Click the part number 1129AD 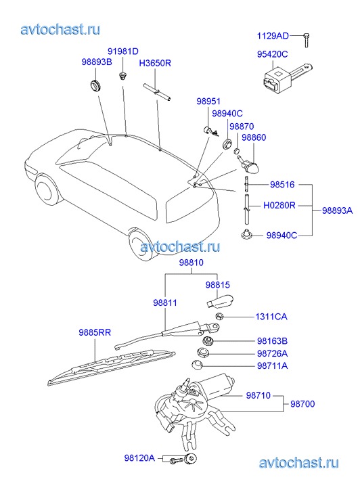273,36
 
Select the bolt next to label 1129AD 307,40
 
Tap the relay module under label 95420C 286,76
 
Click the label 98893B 97,62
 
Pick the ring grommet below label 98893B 95,85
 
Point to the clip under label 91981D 122,76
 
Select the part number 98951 208,102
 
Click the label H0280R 279,206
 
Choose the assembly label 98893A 338,210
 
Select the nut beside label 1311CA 220,316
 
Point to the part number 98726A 272,354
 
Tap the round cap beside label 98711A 197,365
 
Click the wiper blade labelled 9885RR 112,367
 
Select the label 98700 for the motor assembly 302,404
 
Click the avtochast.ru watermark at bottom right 298,463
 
